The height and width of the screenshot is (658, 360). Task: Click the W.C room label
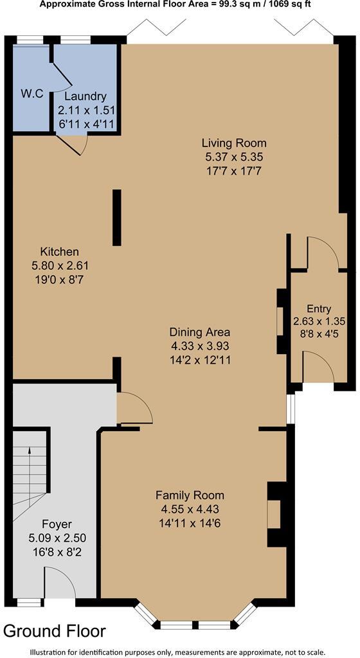click(x=32, y=94)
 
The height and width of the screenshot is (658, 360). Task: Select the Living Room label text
click(x=234, y=143)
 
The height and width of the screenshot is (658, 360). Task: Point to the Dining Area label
click(x=199, y=332)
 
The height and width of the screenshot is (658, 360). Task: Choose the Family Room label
click(x=190, y=495)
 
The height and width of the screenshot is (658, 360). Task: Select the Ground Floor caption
click(x=55, y=630)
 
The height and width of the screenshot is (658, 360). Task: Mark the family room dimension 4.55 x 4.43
click(x=190, y=509)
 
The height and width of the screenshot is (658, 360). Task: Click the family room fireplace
click(x=275, y=514)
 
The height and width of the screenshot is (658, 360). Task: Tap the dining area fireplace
click(x=280, y=321)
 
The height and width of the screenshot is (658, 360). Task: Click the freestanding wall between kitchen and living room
click(x=116, y=217)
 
